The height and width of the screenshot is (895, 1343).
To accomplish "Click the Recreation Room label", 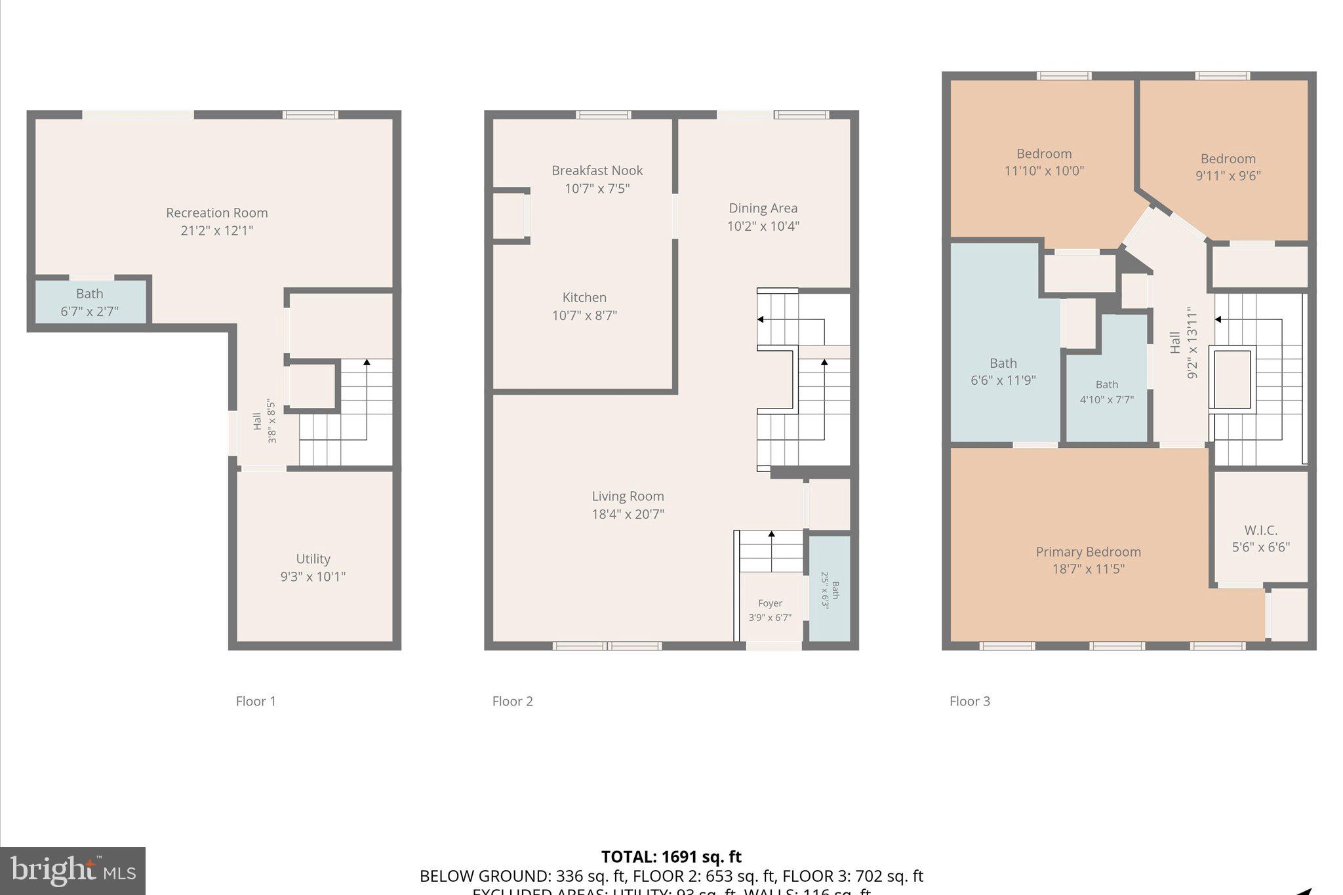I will [x=216, y=213].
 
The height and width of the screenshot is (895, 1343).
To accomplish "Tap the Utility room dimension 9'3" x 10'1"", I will [x=313, y=577].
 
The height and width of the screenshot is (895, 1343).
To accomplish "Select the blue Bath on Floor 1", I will [x=90, y=302].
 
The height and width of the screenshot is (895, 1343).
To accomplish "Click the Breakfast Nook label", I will [x=597, y=170].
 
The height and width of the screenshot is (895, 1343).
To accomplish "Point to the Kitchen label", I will [x=584, y=297].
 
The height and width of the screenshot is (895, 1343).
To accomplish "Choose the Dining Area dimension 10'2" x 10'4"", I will [x=763, y=226].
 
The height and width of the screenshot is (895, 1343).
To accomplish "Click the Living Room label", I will [x=628, y=496].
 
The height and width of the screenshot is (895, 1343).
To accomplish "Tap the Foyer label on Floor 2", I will [x=770, y=603].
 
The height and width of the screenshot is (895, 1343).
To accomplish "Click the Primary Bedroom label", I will [x=1088, y=552].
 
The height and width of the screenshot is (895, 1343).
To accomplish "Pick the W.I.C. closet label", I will [x=1260, y=530].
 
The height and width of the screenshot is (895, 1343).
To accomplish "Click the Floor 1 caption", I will [x=256, y=702].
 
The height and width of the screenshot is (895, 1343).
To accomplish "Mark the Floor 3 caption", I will [x=969, y=702].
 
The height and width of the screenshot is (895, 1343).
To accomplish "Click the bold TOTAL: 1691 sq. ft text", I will [x=671, y=857].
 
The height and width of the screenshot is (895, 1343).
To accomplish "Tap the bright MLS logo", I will [x=73, y=871].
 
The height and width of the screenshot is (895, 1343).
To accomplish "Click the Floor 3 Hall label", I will [x=1175, y=342].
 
